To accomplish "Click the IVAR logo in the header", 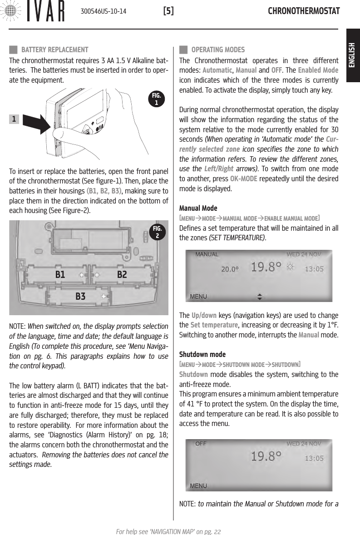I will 34,12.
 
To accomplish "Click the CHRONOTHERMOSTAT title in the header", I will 304,11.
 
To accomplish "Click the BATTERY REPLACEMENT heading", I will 54,50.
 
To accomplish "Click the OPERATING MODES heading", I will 218,50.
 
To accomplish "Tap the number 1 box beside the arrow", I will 15,119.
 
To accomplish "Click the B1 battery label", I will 60,275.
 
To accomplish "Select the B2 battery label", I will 122,275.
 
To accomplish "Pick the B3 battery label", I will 80,297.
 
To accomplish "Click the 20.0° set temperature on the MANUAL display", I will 230,269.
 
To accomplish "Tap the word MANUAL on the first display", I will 207,254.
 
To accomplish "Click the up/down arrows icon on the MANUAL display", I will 260,296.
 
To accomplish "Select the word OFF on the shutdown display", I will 201,444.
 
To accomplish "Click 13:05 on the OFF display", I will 314,458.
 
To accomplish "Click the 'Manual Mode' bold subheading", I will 198,208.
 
